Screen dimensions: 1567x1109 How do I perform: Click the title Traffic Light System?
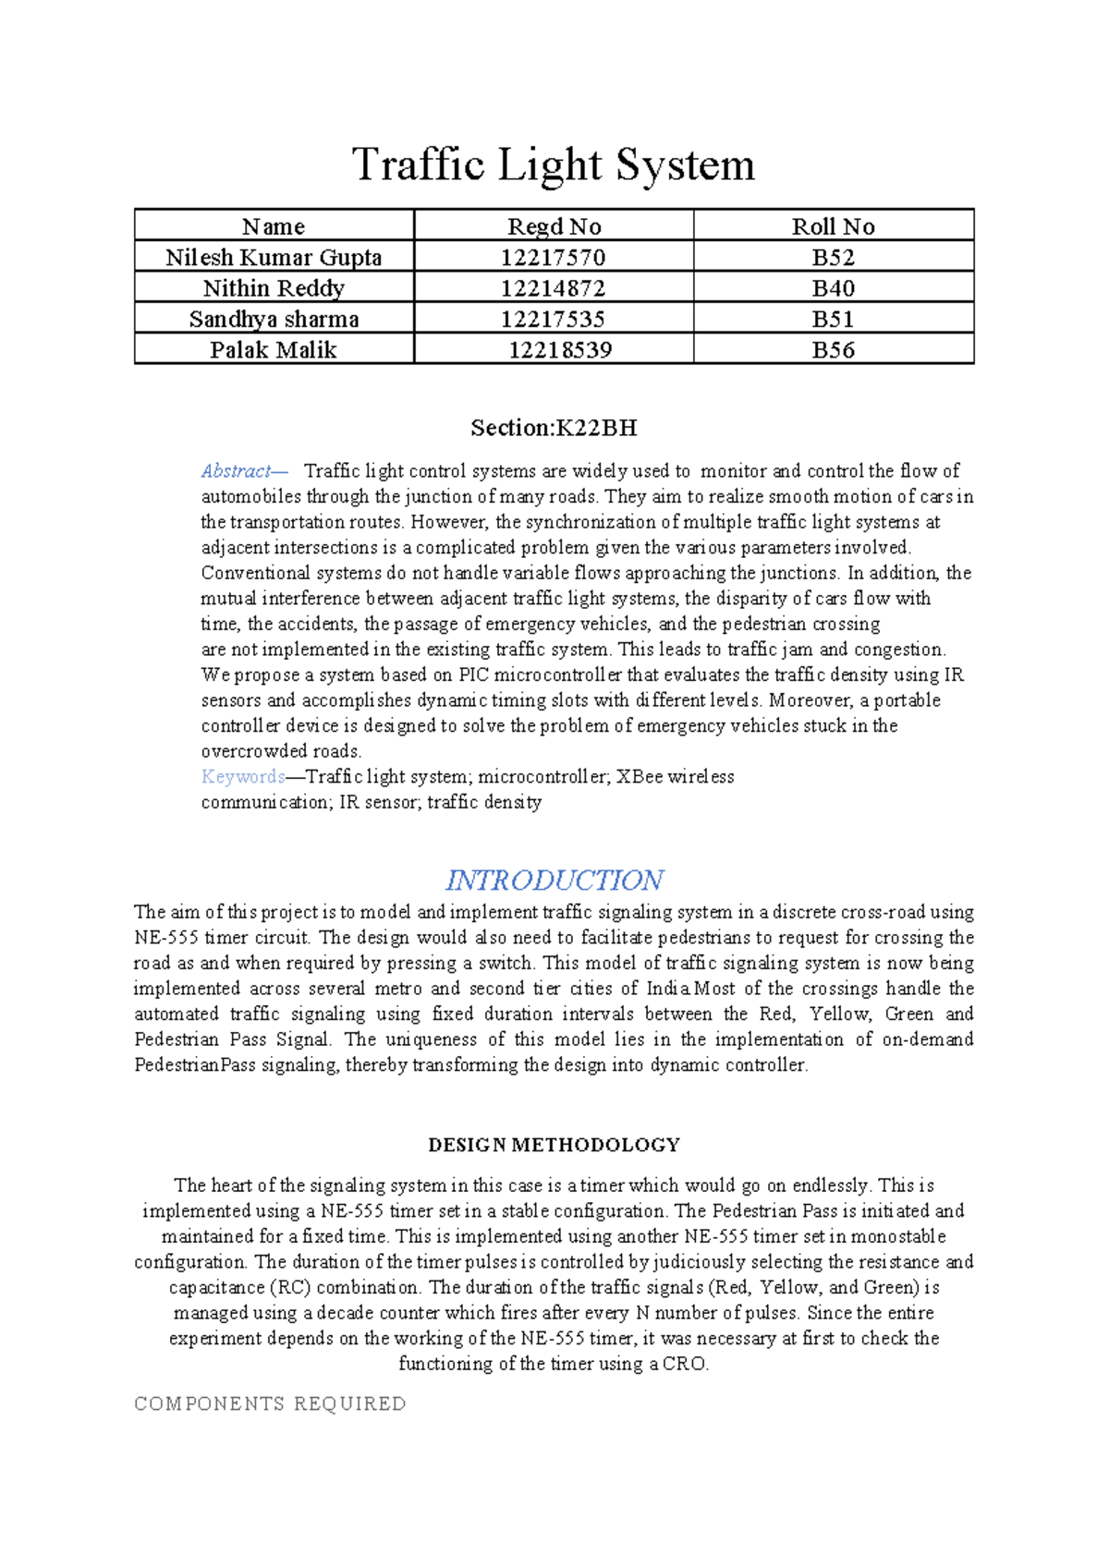(554, 165)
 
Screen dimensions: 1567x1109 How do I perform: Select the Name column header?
(274, 226)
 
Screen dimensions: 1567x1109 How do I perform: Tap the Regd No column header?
(554, 226)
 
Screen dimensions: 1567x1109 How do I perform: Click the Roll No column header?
(833, 226)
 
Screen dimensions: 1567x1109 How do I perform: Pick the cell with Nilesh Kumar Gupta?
(274, 257)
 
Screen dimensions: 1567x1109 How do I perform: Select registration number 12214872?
(553, 288)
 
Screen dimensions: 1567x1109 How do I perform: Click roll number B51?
(833, 319)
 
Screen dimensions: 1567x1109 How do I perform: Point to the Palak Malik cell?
(274, 350)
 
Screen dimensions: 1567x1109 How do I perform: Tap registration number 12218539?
(560, 350)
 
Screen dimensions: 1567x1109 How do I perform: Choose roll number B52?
(833, 257)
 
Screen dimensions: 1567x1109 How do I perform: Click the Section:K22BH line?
(554, 428)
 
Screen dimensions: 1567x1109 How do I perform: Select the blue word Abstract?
(237, 471)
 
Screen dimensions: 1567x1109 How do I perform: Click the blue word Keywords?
(242, 777)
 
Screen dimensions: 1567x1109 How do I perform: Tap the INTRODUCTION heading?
(554, 880)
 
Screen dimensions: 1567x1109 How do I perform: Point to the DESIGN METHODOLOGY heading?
(554, 1145)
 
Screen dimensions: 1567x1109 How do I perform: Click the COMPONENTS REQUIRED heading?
(270, 1403)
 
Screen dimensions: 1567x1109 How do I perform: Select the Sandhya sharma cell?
(274, 319)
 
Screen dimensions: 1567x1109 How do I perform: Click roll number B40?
(833, 288)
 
